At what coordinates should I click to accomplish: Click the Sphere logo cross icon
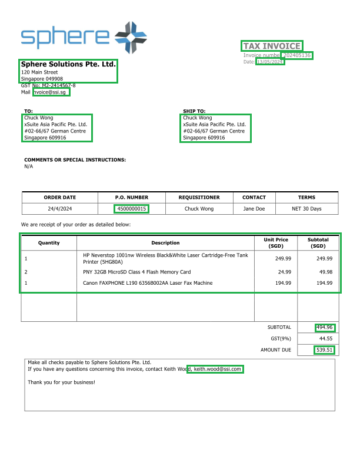point(131,37)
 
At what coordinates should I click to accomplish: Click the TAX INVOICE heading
point(272,46)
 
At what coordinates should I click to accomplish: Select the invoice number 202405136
point(296,55)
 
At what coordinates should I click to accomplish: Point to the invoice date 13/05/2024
point(271,62)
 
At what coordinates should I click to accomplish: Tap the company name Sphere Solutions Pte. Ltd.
point(68,64)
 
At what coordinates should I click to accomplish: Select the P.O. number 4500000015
point(132,209)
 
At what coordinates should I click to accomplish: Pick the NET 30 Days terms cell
point(306,209)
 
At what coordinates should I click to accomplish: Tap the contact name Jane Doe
point(254,209)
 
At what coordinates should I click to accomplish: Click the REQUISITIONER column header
point(199,198)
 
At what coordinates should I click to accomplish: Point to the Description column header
point(165,243)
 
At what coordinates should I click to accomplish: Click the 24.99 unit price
point(284,272)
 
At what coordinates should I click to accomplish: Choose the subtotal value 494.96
point(325,328)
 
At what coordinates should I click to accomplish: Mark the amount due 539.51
point(325,350)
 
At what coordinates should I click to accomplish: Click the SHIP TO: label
point(194,111)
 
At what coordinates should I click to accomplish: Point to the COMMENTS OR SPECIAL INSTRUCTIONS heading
point(75,160)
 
